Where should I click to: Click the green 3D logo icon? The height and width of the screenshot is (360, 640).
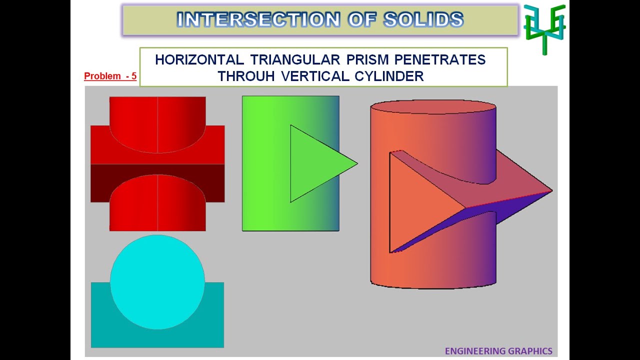click(x=544, y=28)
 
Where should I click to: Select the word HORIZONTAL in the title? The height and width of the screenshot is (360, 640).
click(x=199, y=60)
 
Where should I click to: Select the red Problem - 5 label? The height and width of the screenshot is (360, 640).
click(x=110, y=76)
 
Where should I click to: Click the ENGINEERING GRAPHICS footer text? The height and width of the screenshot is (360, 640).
click(x=498, y=351)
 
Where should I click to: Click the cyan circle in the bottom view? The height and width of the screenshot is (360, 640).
click(x=157, y=282)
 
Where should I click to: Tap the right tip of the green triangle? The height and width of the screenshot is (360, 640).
click(x=356, y=163)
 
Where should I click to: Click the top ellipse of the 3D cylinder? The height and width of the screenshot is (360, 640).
click(x=433, y=107)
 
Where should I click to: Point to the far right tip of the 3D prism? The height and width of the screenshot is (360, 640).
click(x=551, y=190)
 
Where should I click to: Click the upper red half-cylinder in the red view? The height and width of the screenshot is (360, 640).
click(x=157, y=122)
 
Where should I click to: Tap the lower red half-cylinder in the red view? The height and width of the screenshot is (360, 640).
click(x=157, y=205)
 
